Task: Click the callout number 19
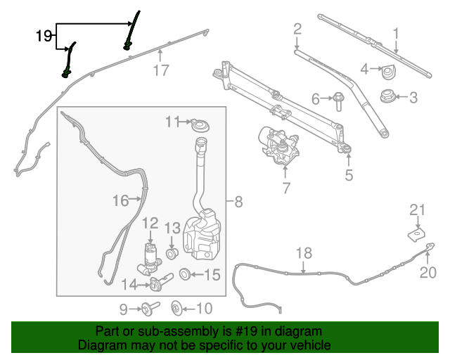click(44, 35)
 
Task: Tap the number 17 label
click(161, 70)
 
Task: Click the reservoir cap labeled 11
click(200, 126)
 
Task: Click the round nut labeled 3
click(386, 96)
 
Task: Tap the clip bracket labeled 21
click(418, 229)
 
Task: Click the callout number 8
click(239, 202)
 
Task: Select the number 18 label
click(303, 252)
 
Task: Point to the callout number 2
click(297, 29)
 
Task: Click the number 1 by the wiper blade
click(396, 32)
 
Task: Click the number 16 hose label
click(121, 201)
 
